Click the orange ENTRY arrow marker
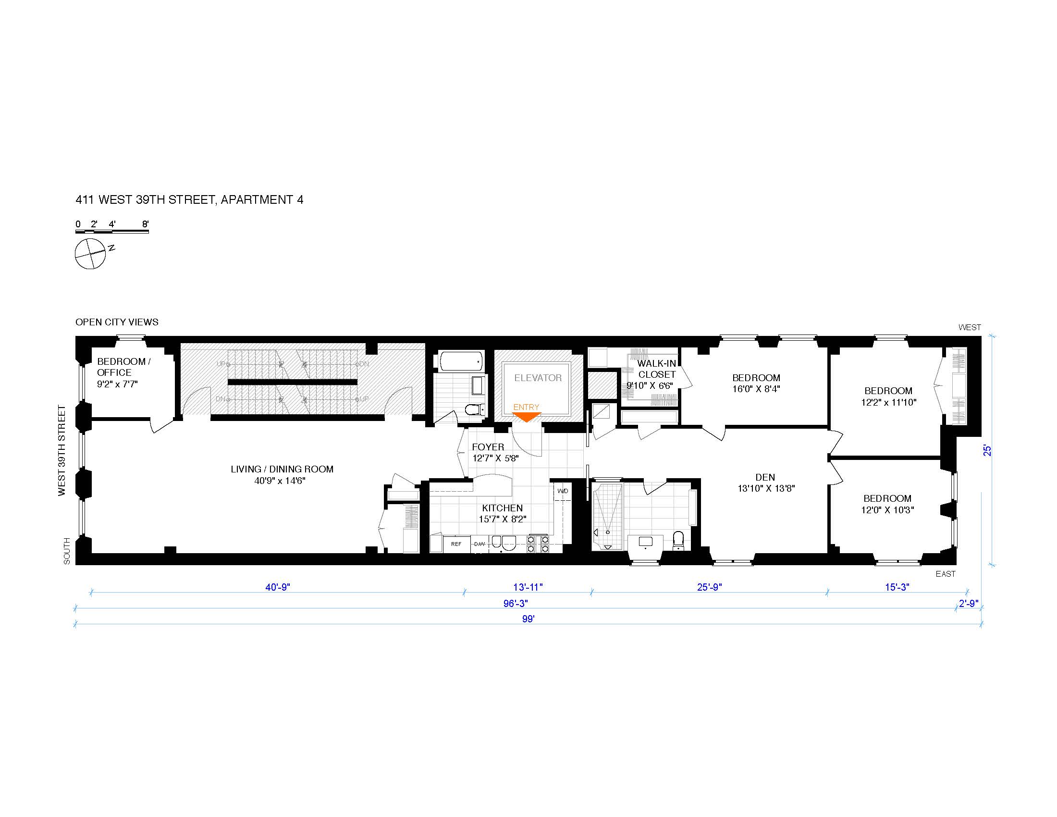coord(526,417)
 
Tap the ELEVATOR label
coord(538,378)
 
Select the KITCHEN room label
coord(503,508)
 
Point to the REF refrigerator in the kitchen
coord(456,544)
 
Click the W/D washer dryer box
coord(563,491)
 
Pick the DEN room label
coord(765,477)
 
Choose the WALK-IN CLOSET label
coord(657,369)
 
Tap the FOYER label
coord(488,447)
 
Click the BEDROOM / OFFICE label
coord(124,367)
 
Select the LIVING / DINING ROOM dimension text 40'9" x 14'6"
coord(280,481)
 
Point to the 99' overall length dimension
coord(528,619)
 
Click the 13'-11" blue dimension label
coord(528,587)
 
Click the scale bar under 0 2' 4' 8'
coord(112,232)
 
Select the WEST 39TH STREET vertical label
coord(62,451)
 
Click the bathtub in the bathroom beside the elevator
coord(462,361)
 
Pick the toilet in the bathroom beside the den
coord(678,541)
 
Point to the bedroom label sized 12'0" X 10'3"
coord(887,504)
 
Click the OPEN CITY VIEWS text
coord(117,322)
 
